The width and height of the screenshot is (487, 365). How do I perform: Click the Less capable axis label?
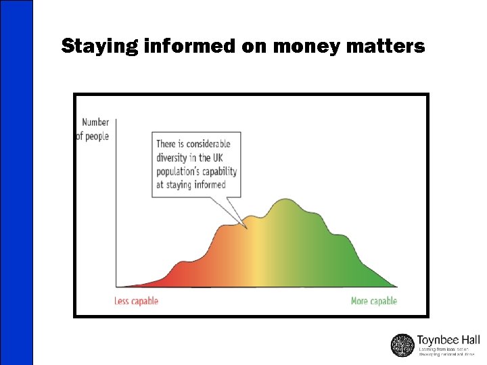[x=136, y=301]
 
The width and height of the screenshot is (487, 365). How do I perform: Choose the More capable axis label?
[x=373, y=301]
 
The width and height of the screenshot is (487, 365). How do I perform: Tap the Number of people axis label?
[x=94, y=129]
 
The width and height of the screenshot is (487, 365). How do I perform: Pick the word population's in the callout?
[x=182, y=171]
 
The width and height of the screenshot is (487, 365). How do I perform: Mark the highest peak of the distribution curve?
[x=287, y=201]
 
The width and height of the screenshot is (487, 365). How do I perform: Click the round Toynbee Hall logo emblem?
[x=402, y=345]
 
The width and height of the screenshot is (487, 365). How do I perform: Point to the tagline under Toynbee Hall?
[x=447, y=351]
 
